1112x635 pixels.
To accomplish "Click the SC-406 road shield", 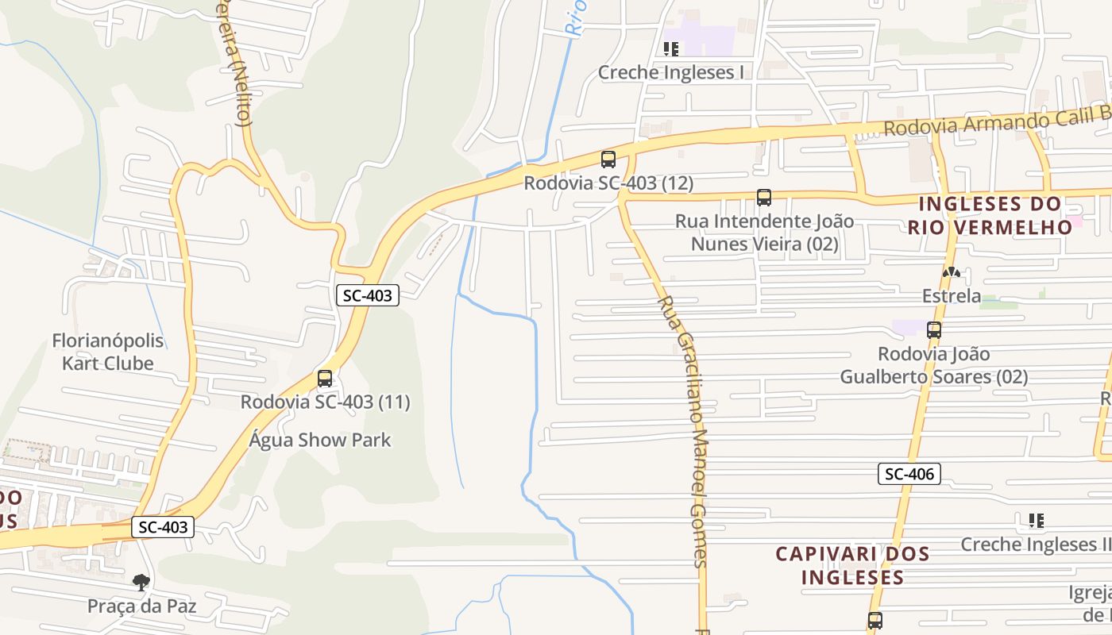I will pyautogui.click(x=909, y=474).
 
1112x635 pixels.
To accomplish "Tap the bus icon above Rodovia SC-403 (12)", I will pyautogui.click(x=608, y=160).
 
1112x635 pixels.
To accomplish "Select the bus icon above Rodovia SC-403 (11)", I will pyautogui.click(x=325, y=379).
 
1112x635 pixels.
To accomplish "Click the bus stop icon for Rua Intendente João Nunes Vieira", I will pyautogui.click(x=764, y=198).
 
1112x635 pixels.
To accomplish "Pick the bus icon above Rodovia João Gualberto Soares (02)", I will pyautogui.click(x=934, y=330).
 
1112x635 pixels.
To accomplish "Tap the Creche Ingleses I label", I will pyautogui.click(x=671, y=72).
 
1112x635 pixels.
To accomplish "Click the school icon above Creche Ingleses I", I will pyautogui.click(x=671, y=49).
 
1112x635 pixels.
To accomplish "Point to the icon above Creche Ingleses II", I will pyautogui.click(x=1036, y=521).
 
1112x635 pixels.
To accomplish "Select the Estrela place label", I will pyautogui.click(x=952, y=296).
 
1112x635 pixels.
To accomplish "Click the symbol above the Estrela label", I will pyautogui.click(x=952, y=272).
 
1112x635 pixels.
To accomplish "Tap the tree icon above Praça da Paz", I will pyautogui.click(x=141, y=583).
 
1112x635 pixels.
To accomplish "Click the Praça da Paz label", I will pyautogui.click(x=141, y=606).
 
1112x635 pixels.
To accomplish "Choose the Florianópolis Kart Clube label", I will pyautogui.click(x=108, y=352).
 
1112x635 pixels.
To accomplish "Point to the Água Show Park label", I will pyautogui.click(x=320, y=440).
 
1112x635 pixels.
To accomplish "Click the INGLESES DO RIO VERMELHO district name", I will pyautogui.click(x=990, y=215).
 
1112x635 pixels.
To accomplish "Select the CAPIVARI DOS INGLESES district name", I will pyautogui.click(x=852, y=564).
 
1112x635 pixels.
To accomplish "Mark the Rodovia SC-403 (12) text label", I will pyautogui.click(x=608, y=183).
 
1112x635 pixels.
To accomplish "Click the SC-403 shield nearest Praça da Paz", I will pyautogui.click(x=163, y=526).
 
